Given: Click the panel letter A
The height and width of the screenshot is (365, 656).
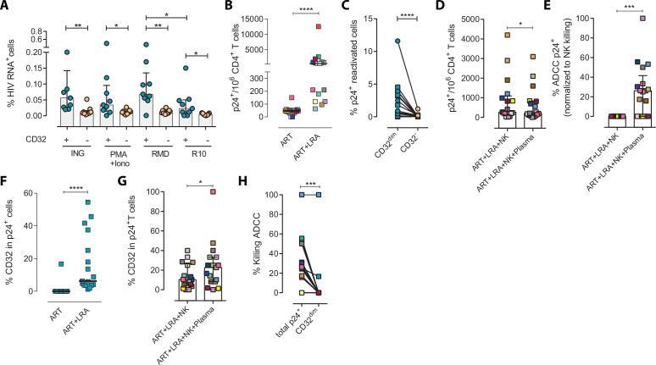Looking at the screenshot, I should [x=5, y=7].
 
